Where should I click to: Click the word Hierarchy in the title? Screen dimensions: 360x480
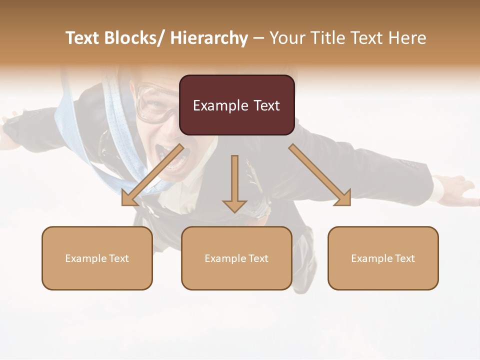[209, 38]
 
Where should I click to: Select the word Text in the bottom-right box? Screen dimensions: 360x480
[404, 258]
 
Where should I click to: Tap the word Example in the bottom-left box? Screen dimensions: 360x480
[85, 258]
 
